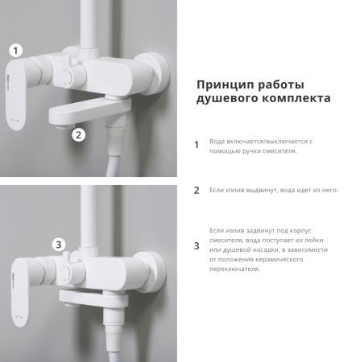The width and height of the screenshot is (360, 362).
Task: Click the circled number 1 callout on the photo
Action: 17,50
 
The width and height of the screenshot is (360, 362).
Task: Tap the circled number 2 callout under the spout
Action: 78,134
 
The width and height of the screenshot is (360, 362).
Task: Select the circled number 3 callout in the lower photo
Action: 58,245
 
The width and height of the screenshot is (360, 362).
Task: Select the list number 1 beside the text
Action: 196,146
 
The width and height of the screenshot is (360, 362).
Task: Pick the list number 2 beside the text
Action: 196,191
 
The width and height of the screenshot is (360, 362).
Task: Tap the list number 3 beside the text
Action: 196,246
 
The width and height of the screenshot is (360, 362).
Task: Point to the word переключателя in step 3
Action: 234,269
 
